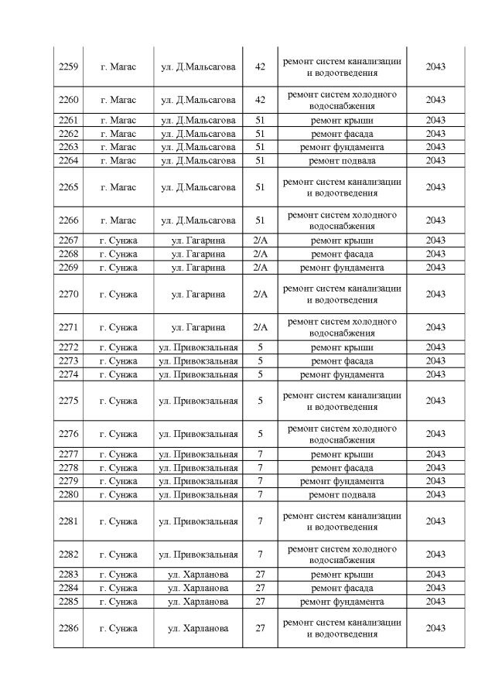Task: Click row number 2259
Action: pyautogui.click(x=68, y=67)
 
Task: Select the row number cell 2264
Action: pyautogui.click(x=68, y=160)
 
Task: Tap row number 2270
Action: pyautogui.click(x=68, y=294)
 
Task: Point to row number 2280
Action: pyautogui.click(x=68, y=494)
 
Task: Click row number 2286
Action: pyautogui.click(x=68, y=628)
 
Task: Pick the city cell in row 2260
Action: pyautogui.click(x=118, y=100)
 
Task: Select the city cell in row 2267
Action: pyautogui.click(x=118, y=241)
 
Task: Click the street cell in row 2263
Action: pyautogui.click(x=198, y=147)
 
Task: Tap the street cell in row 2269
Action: pyautogui.click(x=198, y=267)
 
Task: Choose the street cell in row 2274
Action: pyautogui.click(x=198, y=374)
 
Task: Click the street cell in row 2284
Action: pyautogui.click(x=198, y=588)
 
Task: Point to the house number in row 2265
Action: pyautogui.click(x=260, y=187)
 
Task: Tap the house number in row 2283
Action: pyautogui.click(x=260, y=575)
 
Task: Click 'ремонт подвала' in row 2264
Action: pyautogui.click(x=342, y=160)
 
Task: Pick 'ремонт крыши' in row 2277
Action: pyautogui.click(x=342, y=455)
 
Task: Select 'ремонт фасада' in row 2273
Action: pyautogui.click(x=342, y=360)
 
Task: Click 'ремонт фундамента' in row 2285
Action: pyautogui.click(x=342, y=602)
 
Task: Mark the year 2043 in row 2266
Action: pyautogui.click(x=435, y=220)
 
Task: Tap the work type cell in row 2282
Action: pyautogui.click(x=342, y=555)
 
